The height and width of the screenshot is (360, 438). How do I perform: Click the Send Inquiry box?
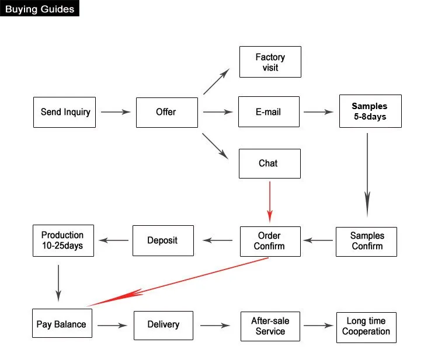coord(65,112)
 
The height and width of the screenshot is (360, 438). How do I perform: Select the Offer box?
coord(166,112)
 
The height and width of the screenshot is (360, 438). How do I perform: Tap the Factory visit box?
coord(270,62)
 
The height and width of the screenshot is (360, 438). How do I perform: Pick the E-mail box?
coord(269,111)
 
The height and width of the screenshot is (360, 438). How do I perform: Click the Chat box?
coord(269,163)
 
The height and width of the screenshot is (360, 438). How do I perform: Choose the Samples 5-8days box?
coord(370,111)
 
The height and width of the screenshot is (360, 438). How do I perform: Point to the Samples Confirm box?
coord(366,241)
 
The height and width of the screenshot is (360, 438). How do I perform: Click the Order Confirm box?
coord(270,241)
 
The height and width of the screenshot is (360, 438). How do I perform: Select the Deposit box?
coord(163,240)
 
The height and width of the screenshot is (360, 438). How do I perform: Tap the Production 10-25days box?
coord(62,240)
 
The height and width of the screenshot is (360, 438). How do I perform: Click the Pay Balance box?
coord(61,324)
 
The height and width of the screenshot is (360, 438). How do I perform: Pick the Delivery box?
coord(164,325)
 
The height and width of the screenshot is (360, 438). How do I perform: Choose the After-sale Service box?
coord(270,326)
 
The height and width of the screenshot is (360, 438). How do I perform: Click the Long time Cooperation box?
coord(366,327)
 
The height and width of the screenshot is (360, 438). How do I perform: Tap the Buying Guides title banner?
coord(39,9)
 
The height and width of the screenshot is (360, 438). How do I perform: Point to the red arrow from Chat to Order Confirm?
coord(270,201)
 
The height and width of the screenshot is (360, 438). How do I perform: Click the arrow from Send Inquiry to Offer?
coord(115,111)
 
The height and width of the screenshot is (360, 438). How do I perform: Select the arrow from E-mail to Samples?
coord(318,111)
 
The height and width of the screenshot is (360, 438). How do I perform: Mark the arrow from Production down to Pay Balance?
coord(58,282)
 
